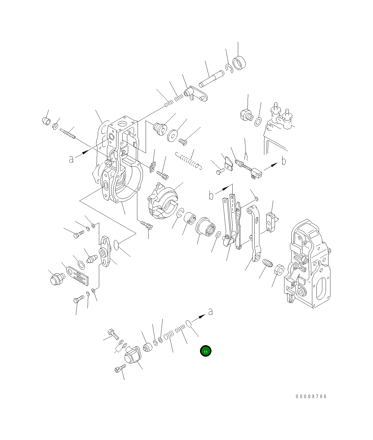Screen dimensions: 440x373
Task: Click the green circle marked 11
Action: tap(206, 351)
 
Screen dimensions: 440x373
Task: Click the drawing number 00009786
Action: tap(311, 396)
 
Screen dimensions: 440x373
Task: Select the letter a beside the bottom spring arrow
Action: tap(211, 311)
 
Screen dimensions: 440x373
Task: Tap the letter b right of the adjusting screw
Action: tap(284, 161)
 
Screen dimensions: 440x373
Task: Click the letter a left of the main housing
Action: tap(72, 159)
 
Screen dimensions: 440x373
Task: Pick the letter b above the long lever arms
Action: tap(211, 196)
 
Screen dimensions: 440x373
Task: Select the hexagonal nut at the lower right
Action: tap(279, 270)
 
